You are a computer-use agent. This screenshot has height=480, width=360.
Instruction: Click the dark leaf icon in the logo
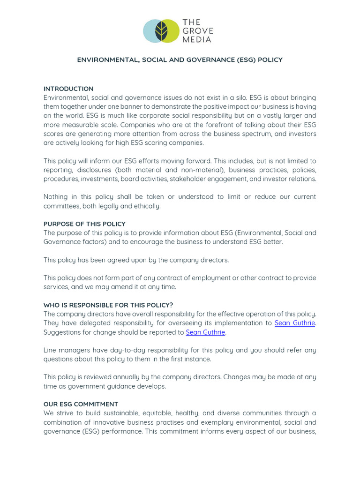coord(161,31)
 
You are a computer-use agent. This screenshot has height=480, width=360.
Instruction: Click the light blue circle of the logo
coord(150,31)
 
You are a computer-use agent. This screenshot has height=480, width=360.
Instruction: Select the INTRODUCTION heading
coord(68,89)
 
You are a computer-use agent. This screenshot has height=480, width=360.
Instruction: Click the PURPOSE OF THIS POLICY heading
coord(84,224)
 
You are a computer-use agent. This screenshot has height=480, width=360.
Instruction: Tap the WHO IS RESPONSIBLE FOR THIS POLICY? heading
coord(108,305)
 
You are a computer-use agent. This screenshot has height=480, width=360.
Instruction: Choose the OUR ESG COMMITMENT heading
coord(81,404)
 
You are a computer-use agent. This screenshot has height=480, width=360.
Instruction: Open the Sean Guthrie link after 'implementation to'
coord(294,323)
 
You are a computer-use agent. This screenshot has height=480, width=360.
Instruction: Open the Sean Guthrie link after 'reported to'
coord(205,332)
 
